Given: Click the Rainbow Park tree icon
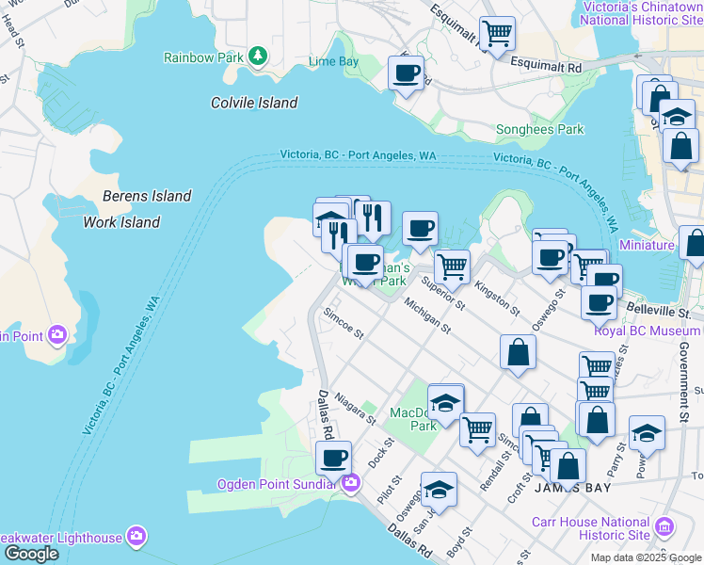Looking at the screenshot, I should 257,56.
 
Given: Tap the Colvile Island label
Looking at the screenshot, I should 254,103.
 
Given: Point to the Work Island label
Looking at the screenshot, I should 121,222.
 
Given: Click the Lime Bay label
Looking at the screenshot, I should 334,62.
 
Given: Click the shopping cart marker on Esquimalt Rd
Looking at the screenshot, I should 497,33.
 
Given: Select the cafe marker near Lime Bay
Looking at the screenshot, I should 407,72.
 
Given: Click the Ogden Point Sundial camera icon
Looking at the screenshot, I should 351,484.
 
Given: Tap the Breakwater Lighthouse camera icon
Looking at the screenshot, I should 136,537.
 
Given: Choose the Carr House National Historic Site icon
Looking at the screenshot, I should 664,525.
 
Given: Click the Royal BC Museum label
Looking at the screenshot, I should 648,331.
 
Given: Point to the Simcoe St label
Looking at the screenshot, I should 343,325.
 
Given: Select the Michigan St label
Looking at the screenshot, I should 427,317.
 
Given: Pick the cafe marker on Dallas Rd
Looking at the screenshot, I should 332,458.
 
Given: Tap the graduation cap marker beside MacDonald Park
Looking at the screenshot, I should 445,402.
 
